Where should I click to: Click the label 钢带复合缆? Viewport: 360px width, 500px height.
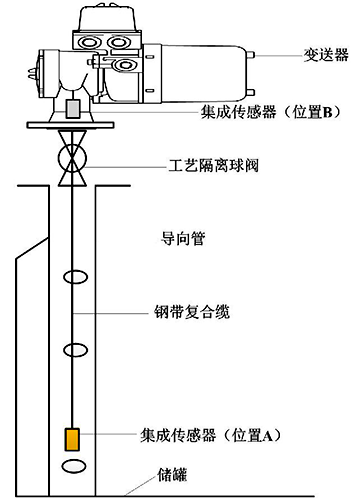pos(198,313)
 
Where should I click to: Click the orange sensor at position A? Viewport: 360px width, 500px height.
pos(72,439)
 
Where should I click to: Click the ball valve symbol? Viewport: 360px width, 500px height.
pos(73,161)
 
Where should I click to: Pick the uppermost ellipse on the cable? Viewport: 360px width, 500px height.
pos(73,277)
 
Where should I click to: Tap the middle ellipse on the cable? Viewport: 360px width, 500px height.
pos(73,350)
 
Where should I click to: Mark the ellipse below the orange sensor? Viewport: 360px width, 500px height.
pos(73,467)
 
